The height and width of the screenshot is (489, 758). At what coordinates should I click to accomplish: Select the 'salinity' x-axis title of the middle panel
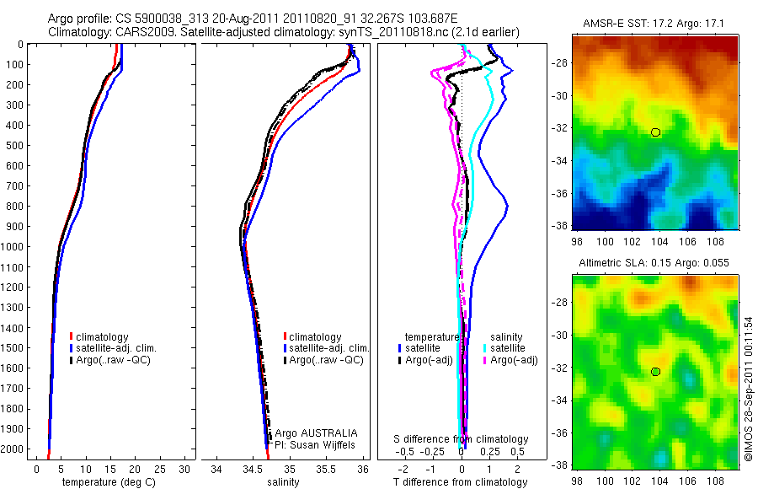click(x=284, y=482)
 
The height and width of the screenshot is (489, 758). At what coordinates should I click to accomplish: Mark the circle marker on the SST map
click(x=656, y=132)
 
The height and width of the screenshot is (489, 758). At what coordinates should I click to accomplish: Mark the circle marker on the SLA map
click(x=656, y=372)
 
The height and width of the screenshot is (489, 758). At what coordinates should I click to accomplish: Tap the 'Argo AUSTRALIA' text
click(x=310, y=433)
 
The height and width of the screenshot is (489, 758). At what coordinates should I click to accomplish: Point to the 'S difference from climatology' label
click(x=462, y=439)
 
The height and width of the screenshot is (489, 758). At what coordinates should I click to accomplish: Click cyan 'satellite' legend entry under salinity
click(x=504, y=348)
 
